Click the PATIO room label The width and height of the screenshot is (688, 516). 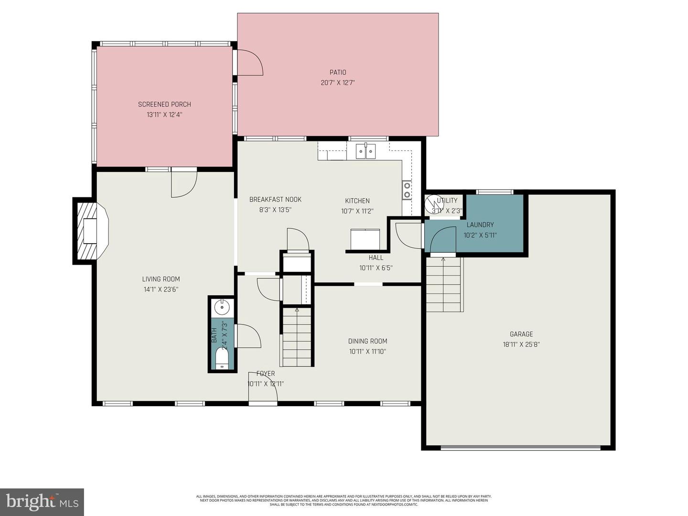click(x=337, y=72)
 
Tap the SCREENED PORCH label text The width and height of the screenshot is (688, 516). click(x=164, y=104)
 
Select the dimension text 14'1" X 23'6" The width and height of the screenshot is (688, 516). click(x=161, y=289)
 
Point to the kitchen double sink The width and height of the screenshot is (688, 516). click(x=365, y=151)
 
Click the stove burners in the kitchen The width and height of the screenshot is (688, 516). click(x=407, y=190)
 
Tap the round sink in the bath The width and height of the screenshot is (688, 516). click(x=222, y=308)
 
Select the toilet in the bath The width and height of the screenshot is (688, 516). click(x=222, y=359)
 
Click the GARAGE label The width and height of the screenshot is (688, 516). click(x=521, y=334)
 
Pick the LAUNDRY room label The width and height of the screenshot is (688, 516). click(x=480, y=225)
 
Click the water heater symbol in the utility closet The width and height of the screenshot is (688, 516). click(x=433, y=203)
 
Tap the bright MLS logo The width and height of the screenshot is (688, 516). click(x=42, y=502)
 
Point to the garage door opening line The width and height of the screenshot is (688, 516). click(x=520, y=448)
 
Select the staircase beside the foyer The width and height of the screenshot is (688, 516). click(x=297, y=337)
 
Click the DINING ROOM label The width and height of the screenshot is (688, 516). click(x=367, y=341)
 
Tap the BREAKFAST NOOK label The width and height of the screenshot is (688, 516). click(x=275, y=199)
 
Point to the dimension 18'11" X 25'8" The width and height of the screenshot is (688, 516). click(x=521, y=344)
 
